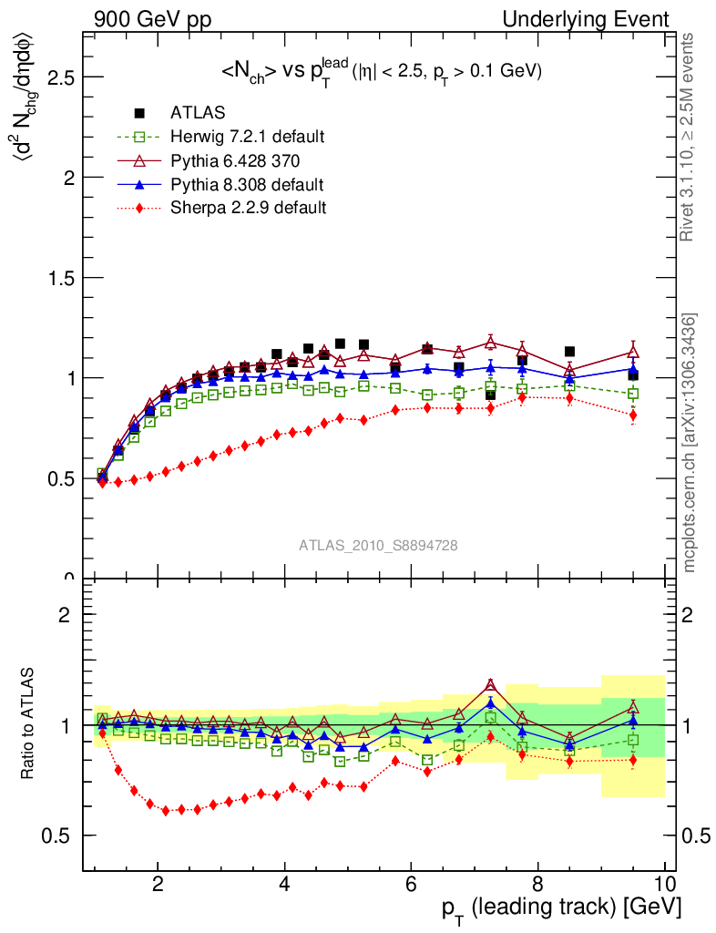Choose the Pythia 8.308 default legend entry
[x=247, y=184]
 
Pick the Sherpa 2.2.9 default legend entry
[x=248, y=208]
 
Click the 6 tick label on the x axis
[x=411, y=882]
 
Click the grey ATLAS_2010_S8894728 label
[x=378, y=546]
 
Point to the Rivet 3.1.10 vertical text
[x=689, y=138]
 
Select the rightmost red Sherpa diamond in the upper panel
[x=633, y=415]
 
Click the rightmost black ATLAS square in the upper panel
[x=633, y=375]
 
